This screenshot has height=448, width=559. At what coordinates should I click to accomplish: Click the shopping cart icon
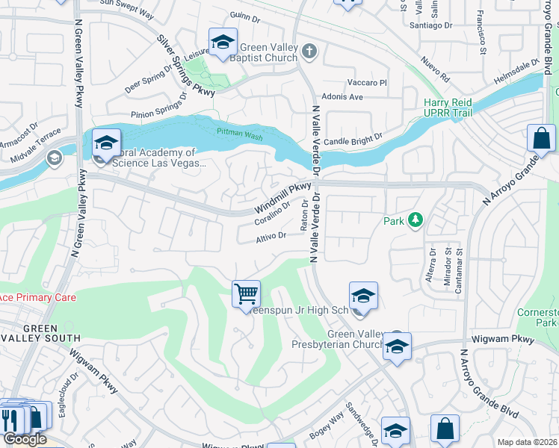(246, 293)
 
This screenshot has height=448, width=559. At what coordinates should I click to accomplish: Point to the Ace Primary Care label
(37, 297)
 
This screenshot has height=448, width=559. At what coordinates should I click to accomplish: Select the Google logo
(25, 439)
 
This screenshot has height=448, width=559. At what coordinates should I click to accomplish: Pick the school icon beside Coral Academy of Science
(106, 143)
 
